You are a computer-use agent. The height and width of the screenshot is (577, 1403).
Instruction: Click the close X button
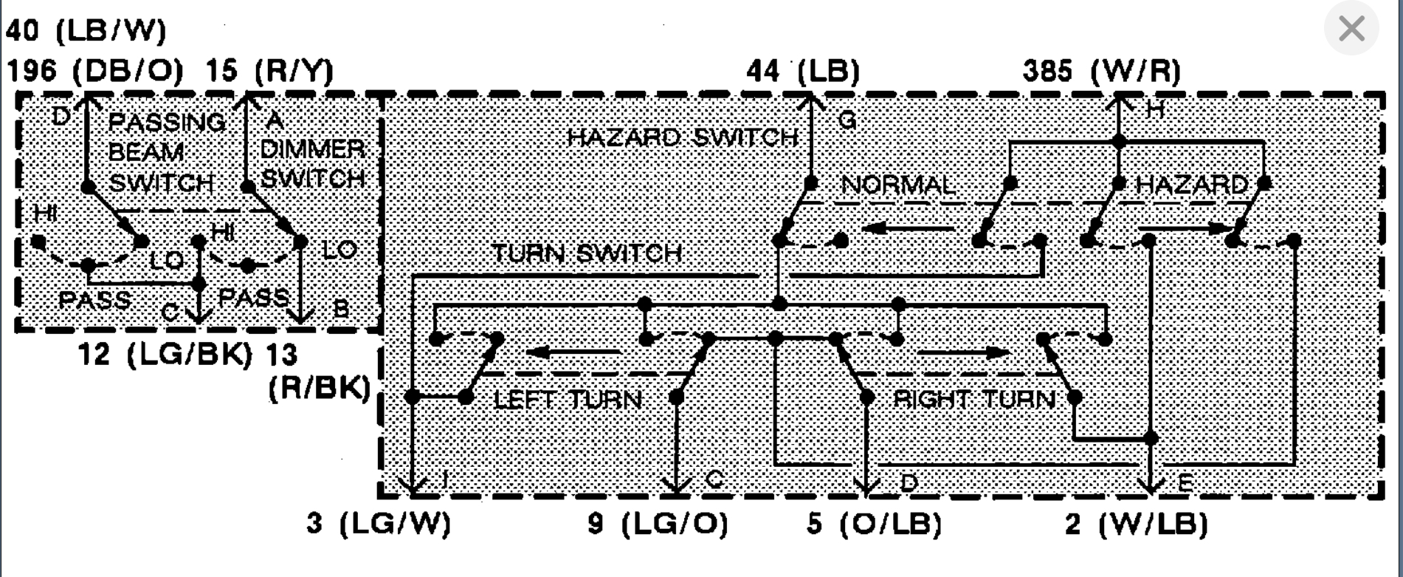1351,30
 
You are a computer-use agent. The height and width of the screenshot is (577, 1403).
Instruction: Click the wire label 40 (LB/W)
86,31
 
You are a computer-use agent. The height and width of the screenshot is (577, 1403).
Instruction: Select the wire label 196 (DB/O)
95,71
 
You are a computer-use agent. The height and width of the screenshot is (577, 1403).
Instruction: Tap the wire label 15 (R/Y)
269,71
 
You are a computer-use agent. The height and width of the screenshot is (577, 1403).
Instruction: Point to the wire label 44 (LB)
803,71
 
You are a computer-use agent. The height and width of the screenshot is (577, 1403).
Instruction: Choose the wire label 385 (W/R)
1101,71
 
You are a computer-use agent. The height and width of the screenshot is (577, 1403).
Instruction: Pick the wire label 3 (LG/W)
379,524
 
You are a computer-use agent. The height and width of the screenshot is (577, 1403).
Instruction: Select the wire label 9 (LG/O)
658,524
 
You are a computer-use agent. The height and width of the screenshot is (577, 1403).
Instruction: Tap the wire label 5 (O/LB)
874,524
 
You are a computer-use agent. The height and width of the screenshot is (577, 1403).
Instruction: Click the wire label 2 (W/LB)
1136,524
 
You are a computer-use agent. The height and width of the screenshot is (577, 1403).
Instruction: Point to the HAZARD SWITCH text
683,137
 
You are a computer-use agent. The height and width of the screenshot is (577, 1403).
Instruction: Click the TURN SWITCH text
587,253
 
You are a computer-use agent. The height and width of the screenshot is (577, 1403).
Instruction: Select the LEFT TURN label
568,400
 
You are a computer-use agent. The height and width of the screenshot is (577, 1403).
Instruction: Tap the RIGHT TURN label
974,400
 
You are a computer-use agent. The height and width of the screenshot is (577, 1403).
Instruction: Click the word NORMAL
898,185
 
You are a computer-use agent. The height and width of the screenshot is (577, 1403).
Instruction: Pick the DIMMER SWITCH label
313,163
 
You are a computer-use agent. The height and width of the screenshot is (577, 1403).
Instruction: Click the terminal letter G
847,120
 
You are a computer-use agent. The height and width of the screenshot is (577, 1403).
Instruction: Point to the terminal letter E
1183,484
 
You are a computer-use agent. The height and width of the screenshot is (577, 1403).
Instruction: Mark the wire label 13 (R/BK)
319,373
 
